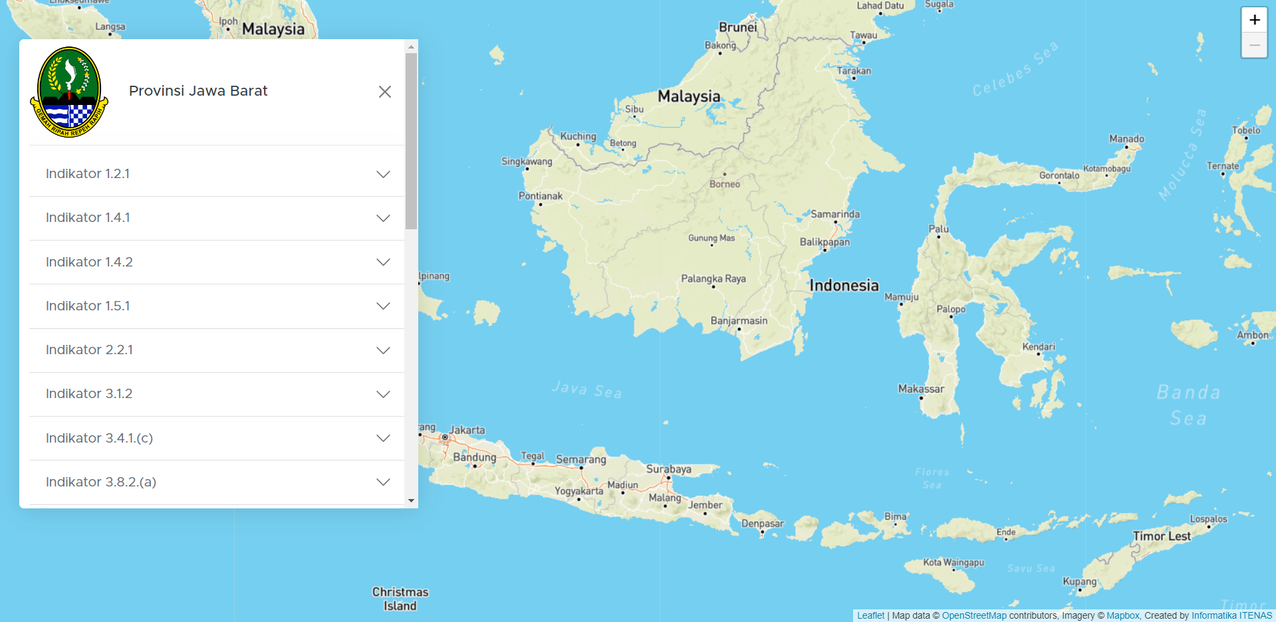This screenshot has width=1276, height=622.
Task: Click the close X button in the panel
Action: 384,92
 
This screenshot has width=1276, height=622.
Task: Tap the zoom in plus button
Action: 1254,20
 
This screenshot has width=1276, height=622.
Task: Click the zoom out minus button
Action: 1254,45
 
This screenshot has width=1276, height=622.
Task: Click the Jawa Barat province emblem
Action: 69,92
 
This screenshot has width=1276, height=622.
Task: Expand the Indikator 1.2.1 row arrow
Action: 383,174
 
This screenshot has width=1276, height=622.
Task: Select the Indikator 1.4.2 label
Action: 89,262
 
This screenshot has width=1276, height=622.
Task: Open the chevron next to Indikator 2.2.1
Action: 383,350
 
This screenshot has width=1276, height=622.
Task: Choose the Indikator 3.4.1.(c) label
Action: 99,438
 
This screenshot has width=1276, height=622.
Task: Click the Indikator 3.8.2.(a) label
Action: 101,482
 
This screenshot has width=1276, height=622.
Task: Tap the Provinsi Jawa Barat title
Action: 198,91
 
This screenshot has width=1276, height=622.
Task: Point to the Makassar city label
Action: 921,389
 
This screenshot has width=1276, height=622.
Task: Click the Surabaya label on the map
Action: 668,469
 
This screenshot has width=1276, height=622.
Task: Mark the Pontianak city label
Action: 540,196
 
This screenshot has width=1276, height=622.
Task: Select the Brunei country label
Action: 737,27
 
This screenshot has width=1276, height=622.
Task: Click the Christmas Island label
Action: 400,599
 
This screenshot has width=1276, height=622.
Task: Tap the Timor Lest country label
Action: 1162,536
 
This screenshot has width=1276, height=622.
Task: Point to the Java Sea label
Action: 586,389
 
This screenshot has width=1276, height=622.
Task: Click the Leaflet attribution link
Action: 870,615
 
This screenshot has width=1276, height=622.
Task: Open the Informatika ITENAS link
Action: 1231,615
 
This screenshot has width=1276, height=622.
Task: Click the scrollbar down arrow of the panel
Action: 411,500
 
